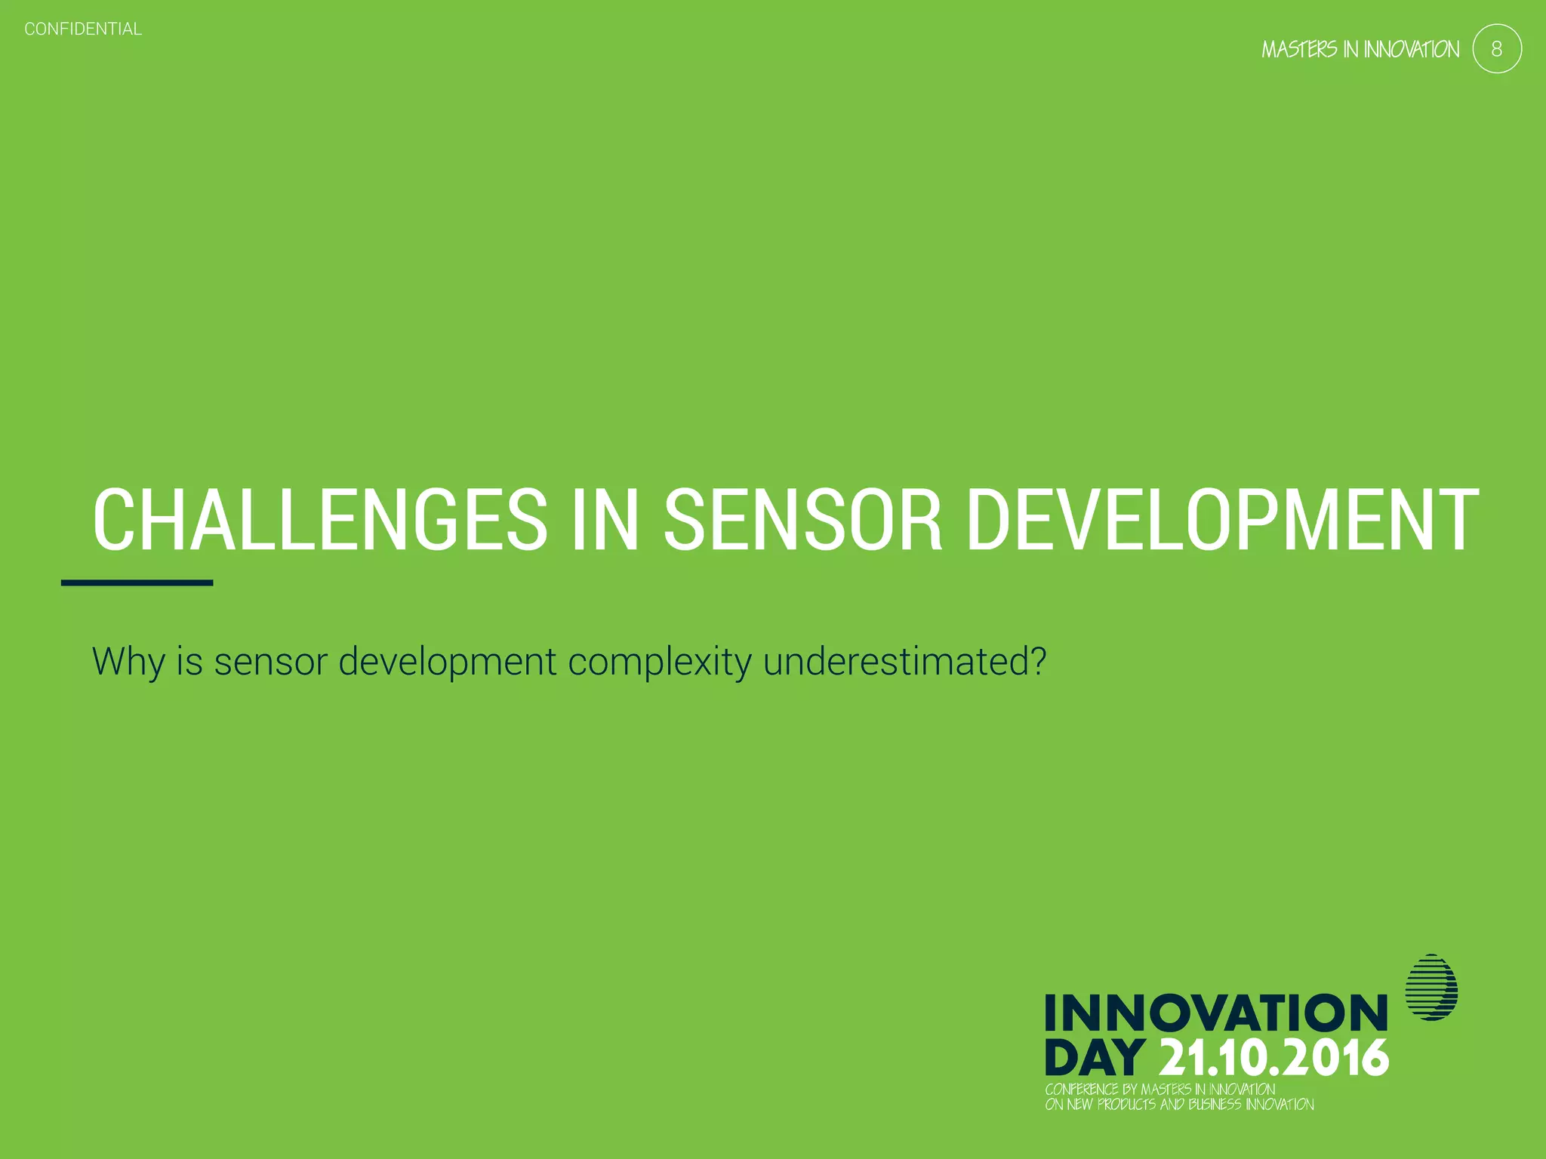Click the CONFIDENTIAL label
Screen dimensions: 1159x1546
click(x=83, y=29)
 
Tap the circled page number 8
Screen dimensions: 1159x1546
click(x=1496, y=49)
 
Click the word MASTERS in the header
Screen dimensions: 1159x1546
click(x=1299, y=50)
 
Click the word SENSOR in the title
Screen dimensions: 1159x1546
click(x=803, y=520)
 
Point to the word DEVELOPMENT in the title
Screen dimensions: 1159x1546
click(x=1222, y=520)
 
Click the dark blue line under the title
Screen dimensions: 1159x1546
click(x=137, y=583)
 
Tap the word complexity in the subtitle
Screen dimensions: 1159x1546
click(x=659, y=662)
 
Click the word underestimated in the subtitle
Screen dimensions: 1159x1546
click(x=894, y=662)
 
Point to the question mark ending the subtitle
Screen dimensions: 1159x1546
click(x=1038, y=661)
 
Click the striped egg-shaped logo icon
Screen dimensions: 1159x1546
click(x=1431, y=988)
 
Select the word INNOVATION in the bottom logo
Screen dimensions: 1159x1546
click(x=1216, y=1013)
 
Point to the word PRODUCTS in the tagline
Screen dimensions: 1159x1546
click(x=1126, y=1105)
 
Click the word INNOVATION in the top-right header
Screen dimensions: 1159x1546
click(x=1411, y=50)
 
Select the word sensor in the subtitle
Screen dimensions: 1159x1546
click(x=270, y=662)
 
